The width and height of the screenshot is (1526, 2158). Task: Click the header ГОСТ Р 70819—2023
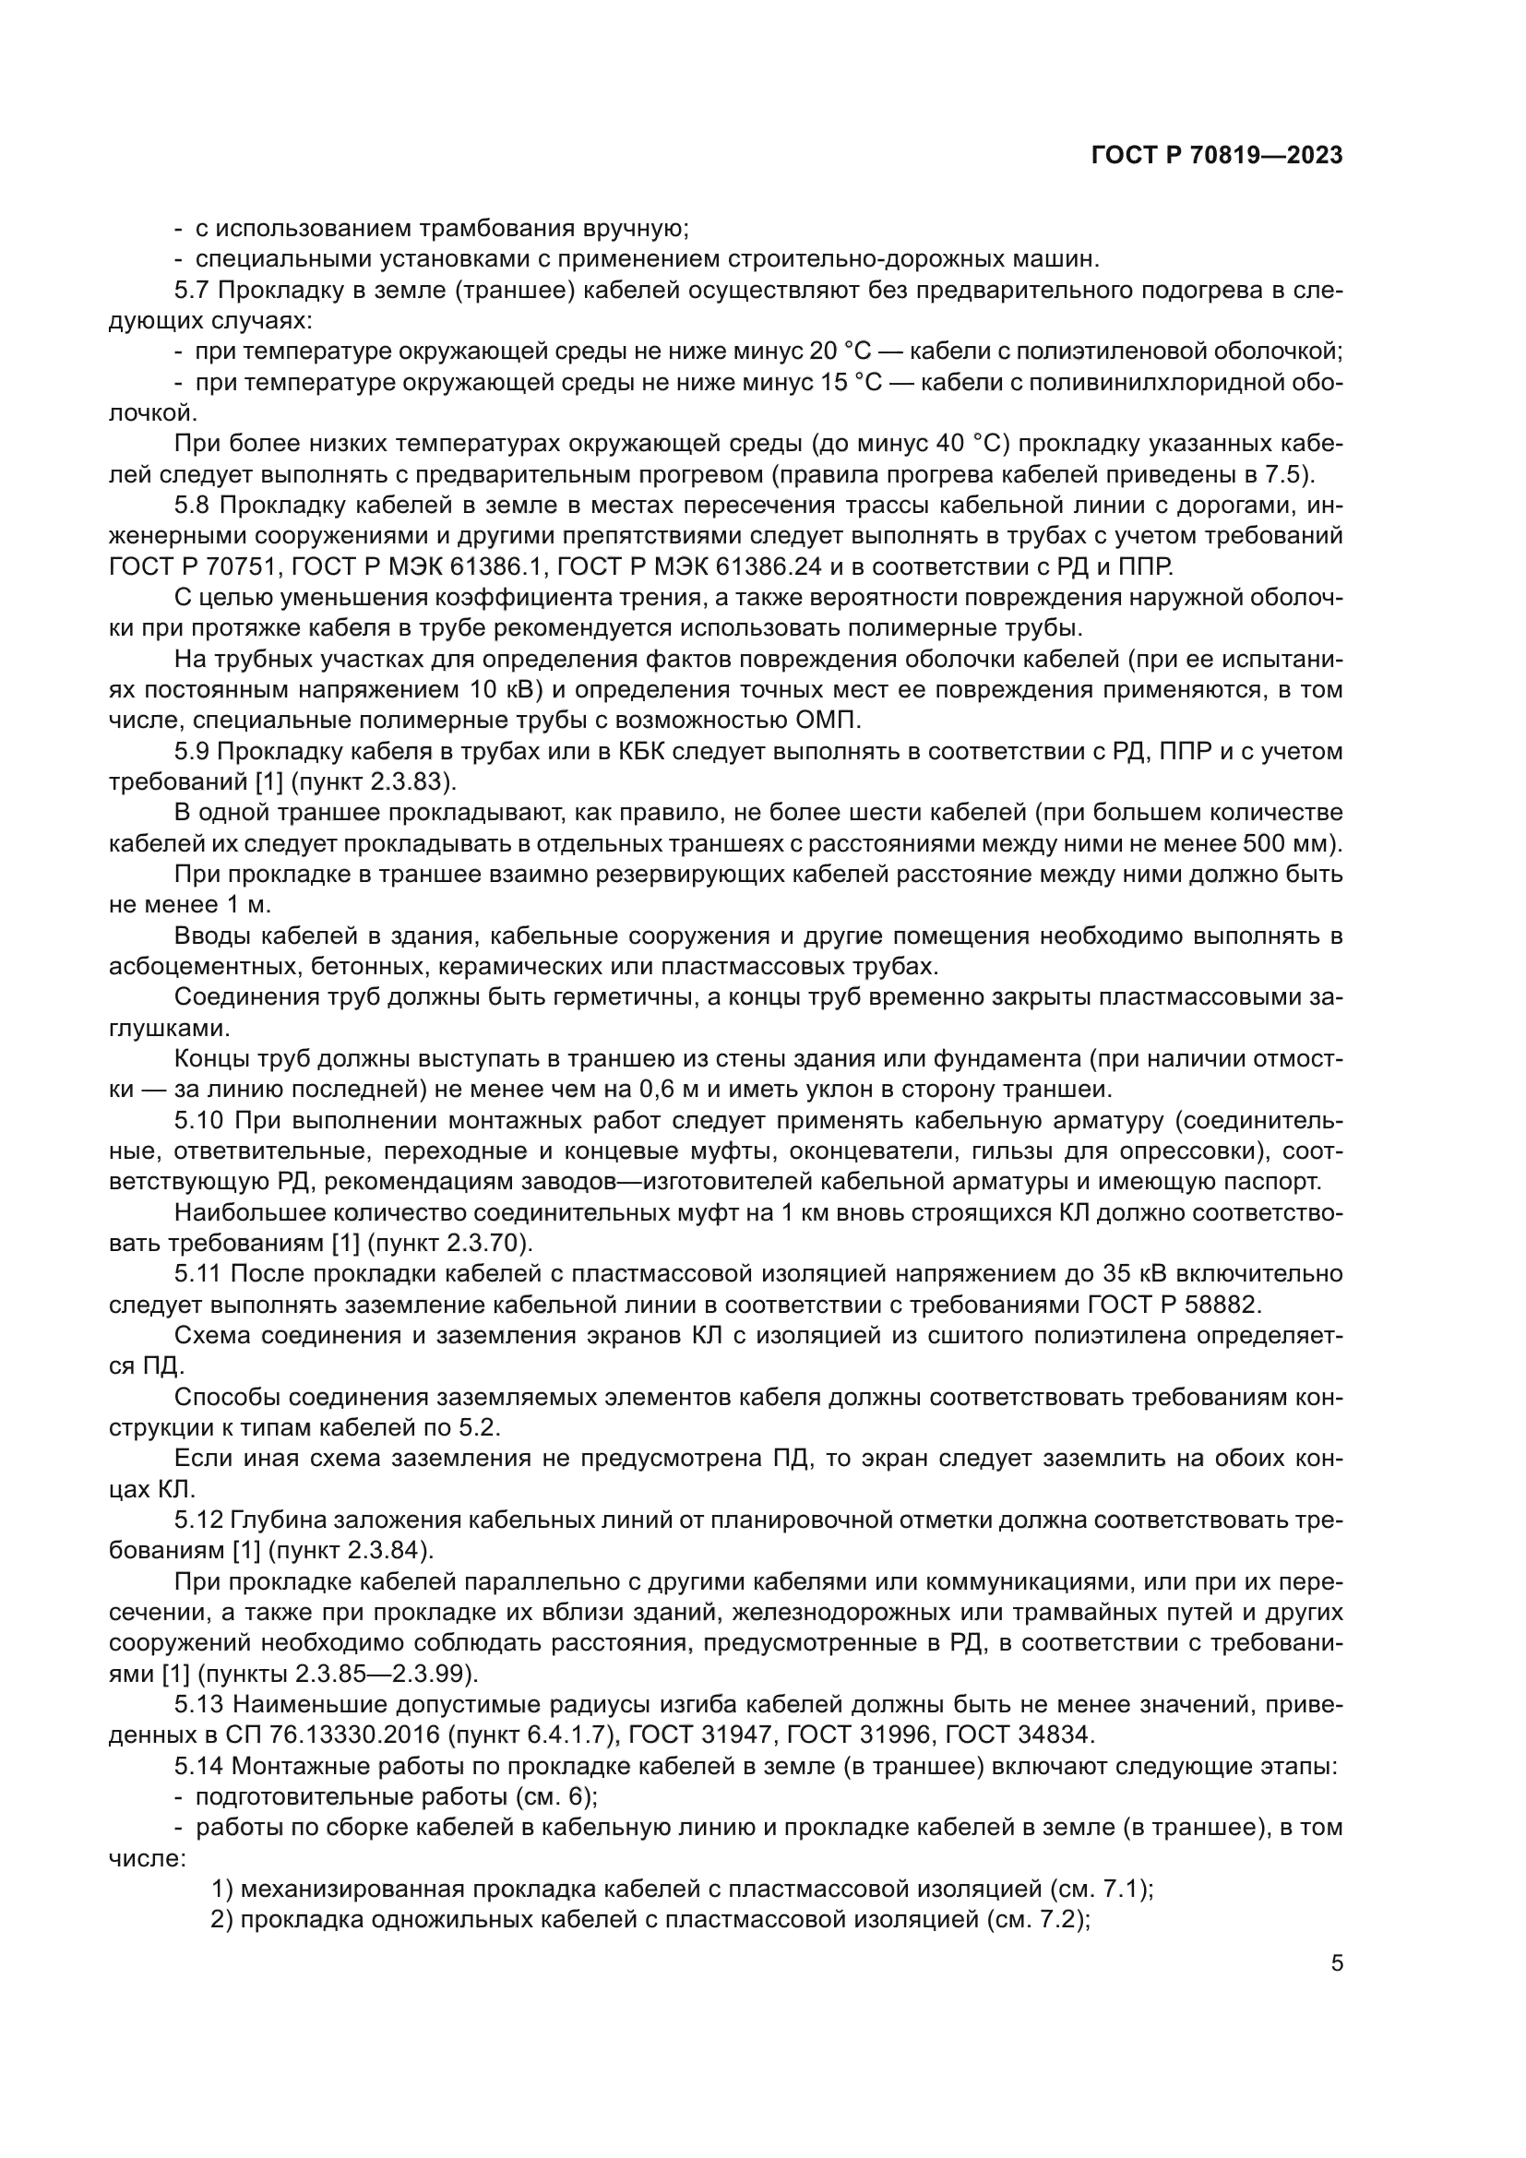(1217, 156)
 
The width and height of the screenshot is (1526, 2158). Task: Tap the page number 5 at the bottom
(1337, 1963)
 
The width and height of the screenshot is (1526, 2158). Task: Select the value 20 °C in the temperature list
(839, 352)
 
